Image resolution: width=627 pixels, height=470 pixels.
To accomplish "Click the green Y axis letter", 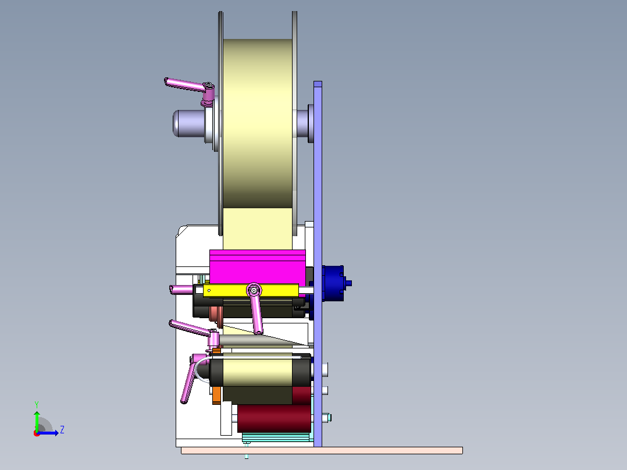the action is coord(37,404).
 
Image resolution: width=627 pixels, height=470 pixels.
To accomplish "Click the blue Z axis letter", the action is coord(62,430).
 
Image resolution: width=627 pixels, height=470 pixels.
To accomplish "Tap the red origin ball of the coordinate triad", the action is coord(37,433).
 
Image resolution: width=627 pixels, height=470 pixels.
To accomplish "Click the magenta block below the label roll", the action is coord(258,267).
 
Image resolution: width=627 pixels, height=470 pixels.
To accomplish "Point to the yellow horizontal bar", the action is coord(251,290).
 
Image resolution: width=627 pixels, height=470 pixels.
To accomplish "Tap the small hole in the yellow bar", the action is coord(209,290).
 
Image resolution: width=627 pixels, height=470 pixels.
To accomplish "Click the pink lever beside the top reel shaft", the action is coord(188,87).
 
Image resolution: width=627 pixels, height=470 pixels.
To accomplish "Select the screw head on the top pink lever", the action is coord(209,85).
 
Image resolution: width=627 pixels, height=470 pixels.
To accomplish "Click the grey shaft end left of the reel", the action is coord(188,123).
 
